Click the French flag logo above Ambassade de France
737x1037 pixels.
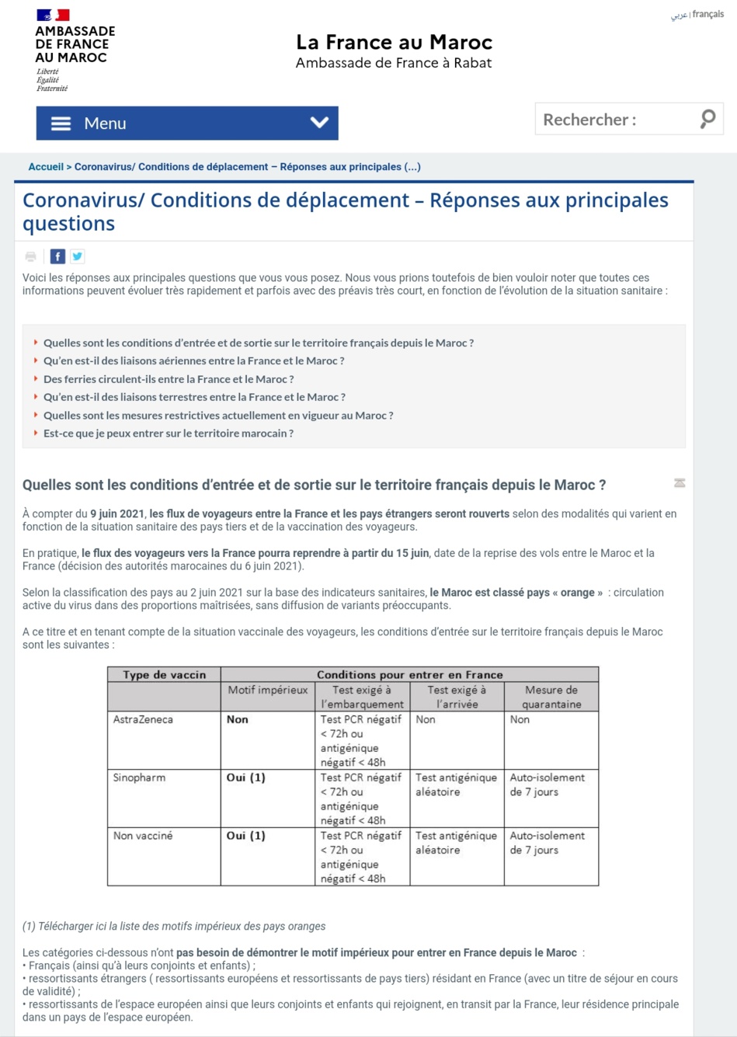click(x=53, y=15)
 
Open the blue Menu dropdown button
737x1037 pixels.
click(x=187, y=124)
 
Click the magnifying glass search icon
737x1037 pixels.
click(x=707, y=119)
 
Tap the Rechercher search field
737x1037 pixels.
click(x=614, y=120)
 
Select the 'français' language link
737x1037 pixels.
click(x=708, y=15)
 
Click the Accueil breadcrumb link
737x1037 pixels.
click(x=46, y=167)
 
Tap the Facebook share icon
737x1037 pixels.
click(x=57, y=256)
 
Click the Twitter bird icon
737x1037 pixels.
click(x=78, y=256)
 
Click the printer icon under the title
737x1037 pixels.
click(x=31, y=256)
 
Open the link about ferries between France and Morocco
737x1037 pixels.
click(x=169, y=379)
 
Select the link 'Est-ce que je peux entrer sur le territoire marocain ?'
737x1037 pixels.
click(x=169, y=433)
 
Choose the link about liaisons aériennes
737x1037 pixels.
click(x=193, y=360)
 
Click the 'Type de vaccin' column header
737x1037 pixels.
click(x=164, y=674)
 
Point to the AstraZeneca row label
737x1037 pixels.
click(x=143, y=719)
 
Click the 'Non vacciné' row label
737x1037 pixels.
click(x=143, y=836)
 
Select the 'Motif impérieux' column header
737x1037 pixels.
click(x=268, y=690)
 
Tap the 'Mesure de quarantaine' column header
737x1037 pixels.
click(x=551, y=697)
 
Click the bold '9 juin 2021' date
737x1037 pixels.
click(x=117, y=513)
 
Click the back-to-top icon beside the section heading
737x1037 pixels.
click(x=680, y=483)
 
